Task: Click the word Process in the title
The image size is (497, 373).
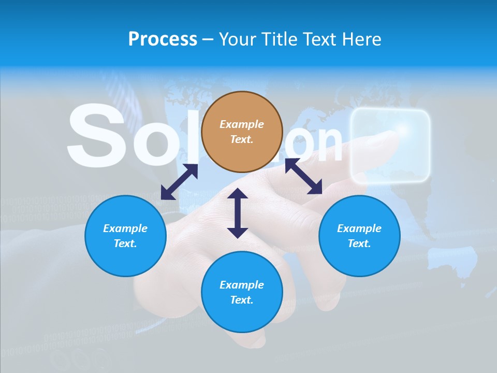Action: coord(163,39)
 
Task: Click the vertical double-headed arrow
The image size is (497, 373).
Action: coord(238,213)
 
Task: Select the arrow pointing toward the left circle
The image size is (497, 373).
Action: coord(179,181)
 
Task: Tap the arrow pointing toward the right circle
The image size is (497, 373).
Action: coord(304,176)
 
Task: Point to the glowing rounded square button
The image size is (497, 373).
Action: coord(390,146)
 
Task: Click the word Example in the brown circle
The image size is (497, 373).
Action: coord(242,124)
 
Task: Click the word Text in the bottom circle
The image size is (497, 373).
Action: coord(242,300)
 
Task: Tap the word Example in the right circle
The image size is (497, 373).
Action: coord(359,228)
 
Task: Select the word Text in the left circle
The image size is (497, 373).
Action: coord(125,243)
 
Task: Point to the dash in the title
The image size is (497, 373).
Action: coord(208,39)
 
